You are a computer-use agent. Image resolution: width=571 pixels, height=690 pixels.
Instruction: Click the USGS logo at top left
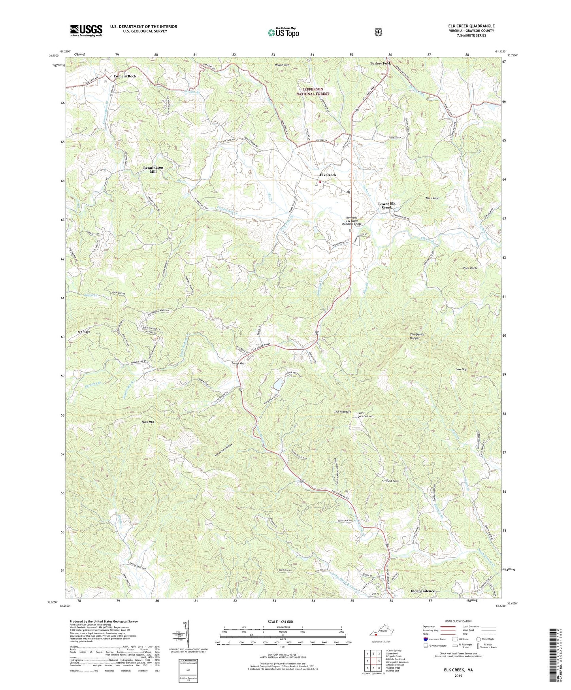[86, 30]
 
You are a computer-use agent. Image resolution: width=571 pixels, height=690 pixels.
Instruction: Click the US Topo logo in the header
[283, 32]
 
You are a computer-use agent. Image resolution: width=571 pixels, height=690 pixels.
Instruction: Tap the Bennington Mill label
[153, 170]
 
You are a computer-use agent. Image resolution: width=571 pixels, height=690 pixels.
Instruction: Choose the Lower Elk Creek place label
[387, 205]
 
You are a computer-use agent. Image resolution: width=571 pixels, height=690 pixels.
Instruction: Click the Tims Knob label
[432, 198]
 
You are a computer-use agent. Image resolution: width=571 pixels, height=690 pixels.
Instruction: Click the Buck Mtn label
[147, 422]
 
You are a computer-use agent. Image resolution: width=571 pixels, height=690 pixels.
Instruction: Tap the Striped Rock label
[390, 481]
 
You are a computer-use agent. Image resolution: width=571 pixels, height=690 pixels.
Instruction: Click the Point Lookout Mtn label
[366, 415]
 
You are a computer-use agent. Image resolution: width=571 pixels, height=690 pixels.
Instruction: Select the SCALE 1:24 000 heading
[280, 622]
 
